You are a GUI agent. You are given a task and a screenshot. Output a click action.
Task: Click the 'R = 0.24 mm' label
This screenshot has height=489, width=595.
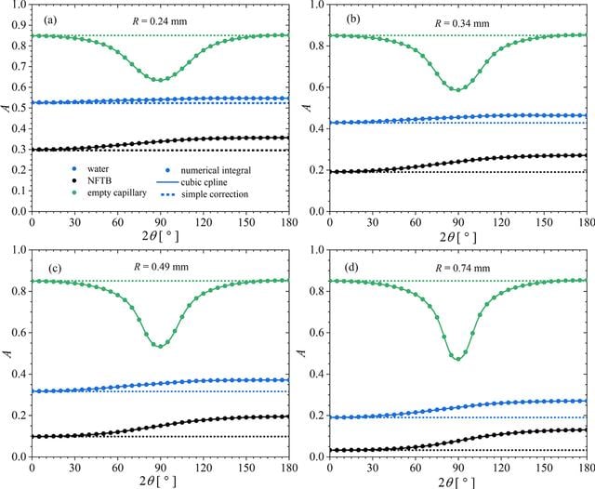160,21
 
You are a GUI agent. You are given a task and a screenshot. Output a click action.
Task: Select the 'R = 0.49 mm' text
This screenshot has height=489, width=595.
161,267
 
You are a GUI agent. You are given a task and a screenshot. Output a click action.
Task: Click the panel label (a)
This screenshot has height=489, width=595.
50,20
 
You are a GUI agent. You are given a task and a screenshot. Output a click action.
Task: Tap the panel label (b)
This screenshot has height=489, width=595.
353,19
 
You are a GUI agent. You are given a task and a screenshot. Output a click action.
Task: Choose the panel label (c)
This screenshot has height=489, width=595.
55,269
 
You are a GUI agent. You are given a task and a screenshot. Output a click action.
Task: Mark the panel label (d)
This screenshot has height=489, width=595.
351,268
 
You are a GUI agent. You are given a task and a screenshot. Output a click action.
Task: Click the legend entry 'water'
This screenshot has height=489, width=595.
98,169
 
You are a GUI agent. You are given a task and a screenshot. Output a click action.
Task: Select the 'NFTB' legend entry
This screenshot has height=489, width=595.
99,180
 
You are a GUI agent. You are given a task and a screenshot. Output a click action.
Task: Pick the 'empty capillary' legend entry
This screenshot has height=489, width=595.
117,192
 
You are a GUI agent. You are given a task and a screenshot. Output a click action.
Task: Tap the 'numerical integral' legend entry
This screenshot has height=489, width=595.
216,171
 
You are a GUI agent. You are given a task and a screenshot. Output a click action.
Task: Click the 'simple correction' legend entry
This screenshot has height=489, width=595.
215,194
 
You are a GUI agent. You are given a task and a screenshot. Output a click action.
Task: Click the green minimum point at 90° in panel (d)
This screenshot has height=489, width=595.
458,359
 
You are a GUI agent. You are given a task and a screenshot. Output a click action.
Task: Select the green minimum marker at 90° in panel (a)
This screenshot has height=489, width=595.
160,80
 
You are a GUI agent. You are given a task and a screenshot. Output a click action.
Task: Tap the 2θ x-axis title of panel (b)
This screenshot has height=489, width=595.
458,237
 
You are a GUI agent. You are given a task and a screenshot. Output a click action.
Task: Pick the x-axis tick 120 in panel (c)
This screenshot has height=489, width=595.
204,468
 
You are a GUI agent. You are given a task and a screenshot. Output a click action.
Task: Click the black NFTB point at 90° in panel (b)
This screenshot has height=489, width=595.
458,162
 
